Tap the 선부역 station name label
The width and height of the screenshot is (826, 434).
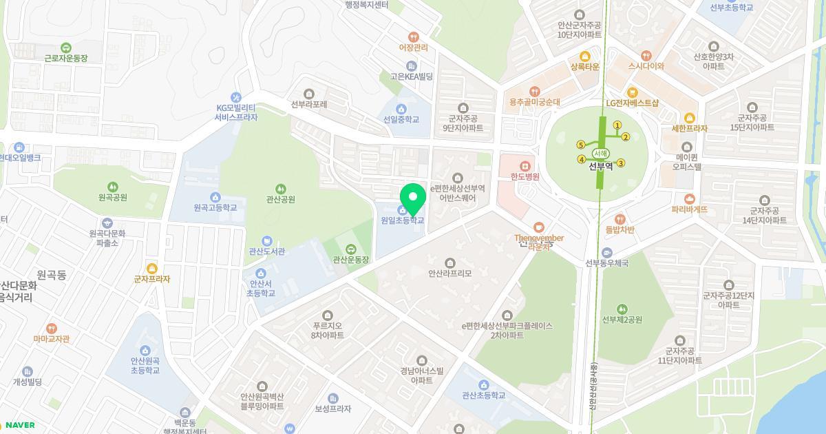(x=600, y=166)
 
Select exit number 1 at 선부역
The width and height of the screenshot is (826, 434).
(x=617, y=125)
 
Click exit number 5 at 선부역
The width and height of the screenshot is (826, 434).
(x=581, y=145)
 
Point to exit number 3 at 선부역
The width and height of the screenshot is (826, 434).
(x=621, y=163)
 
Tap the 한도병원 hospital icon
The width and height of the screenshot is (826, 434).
(x=525, y=165)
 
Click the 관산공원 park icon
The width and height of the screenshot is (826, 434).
(x=280, y=189)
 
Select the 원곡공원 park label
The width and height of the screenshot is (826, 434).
(x=113, y=198)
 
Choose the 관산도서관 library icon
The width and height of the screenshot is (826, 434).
(x=266, y=240)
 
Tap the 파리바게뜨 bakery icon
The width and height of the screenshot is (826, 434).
(x=690, y=198)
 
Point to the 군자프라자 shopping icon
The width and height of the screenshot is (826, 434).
(x=152, y=268)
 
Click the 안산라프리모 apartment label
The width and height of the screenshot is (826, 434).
(x=450, y=273)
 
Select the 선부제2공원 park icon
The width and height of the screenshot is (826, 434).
(x=622, y=309)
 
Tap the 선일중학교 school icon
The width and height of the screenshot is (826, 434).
(x=401, y=109)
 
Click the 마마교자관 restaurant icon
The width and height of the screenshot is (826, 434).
(x=52, y=328)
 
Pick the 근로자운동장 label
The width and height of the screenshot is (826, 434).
(x=66, y=59)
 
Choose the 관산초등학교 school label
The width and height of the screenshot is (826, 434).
(x=484, y=395)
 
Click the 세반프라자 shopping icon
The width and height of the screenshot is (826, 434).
(x=690, y=118)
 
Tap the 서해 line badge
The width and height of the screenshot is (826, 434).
(x=600, y=154)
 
